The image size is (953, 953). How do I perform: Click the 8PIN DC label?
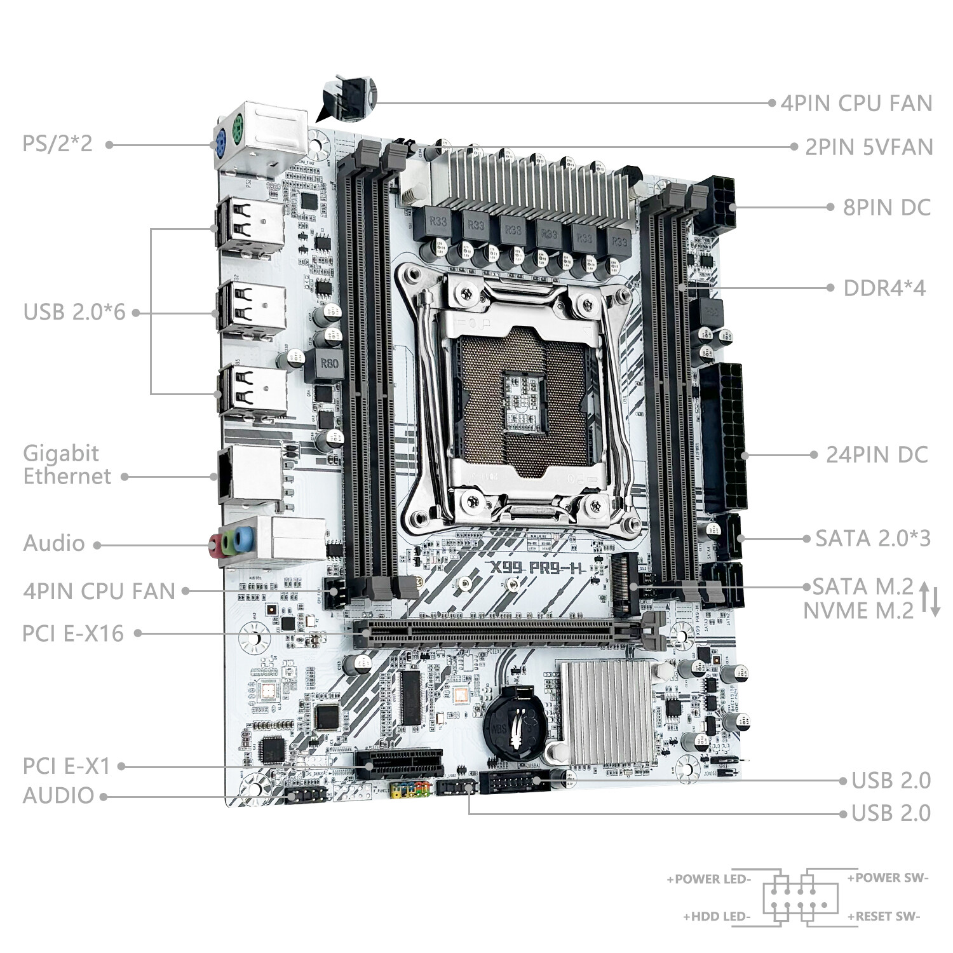886,207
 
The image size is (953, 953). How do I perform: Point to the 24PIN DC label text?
877,454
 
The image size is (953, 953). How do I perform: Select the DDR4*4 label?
884,288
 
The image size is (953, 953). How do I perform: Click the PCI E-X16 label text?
73,633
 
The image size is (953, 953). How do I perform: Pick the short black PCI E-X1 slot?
398,760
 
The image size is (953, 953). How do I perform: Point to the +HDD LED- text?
717,916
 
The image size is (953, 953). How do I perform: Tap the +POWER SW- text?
888,878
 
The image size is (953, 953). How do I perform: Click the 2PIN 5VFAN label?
869,147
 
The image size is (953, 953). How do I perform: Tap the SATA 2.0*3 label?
873,538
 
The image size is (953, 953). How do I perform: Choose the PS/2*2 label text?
58,143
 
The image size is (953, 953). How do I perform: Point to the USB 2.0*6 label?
74,312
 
